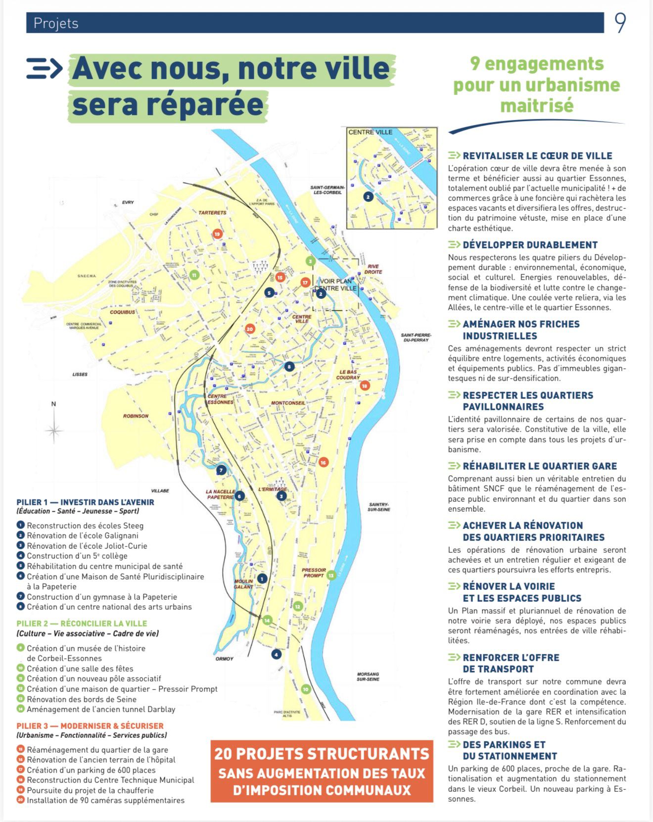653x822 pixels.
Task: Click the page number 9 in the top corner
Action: point(620,23)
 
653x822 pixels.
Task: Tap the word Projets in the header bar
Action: point(56,23)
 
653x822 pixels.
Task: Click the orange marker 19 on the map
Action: point(217,234)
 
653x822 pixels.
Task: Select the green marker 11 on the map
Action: point(194,275)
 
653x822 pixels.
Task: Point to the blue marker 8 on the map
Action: point(289,367)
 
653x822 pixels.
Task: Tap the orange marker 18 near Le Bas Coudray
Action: point(365,386)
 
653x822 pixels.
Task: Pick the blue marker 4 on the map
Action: point(276,654)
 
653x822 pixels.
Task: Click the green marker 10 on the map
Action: point(306,689)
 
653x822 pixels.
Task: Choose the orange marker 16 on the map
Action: point(323,462)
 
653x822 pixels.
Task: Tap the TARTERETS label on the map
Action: point(212,213)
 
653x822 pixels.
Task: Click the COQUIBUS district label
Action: point(122,312)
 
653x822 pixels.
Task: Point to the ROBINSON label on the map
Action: point(136,416)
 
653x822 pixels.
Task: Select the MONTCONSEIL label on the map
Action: point(288,403)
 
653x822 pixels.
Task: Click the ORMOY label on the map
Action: point(224,659)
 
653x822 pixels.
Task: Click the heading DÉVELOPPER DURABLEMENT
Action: point(530,245)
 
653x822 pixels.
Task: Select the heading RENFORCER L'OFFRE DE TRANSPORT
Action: point(511,663)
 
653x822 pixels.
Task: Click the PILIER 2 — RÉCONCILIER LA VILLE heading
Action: point(82,624)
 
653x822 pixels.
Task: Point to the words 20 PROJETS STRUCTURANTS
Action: point(322,754)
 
